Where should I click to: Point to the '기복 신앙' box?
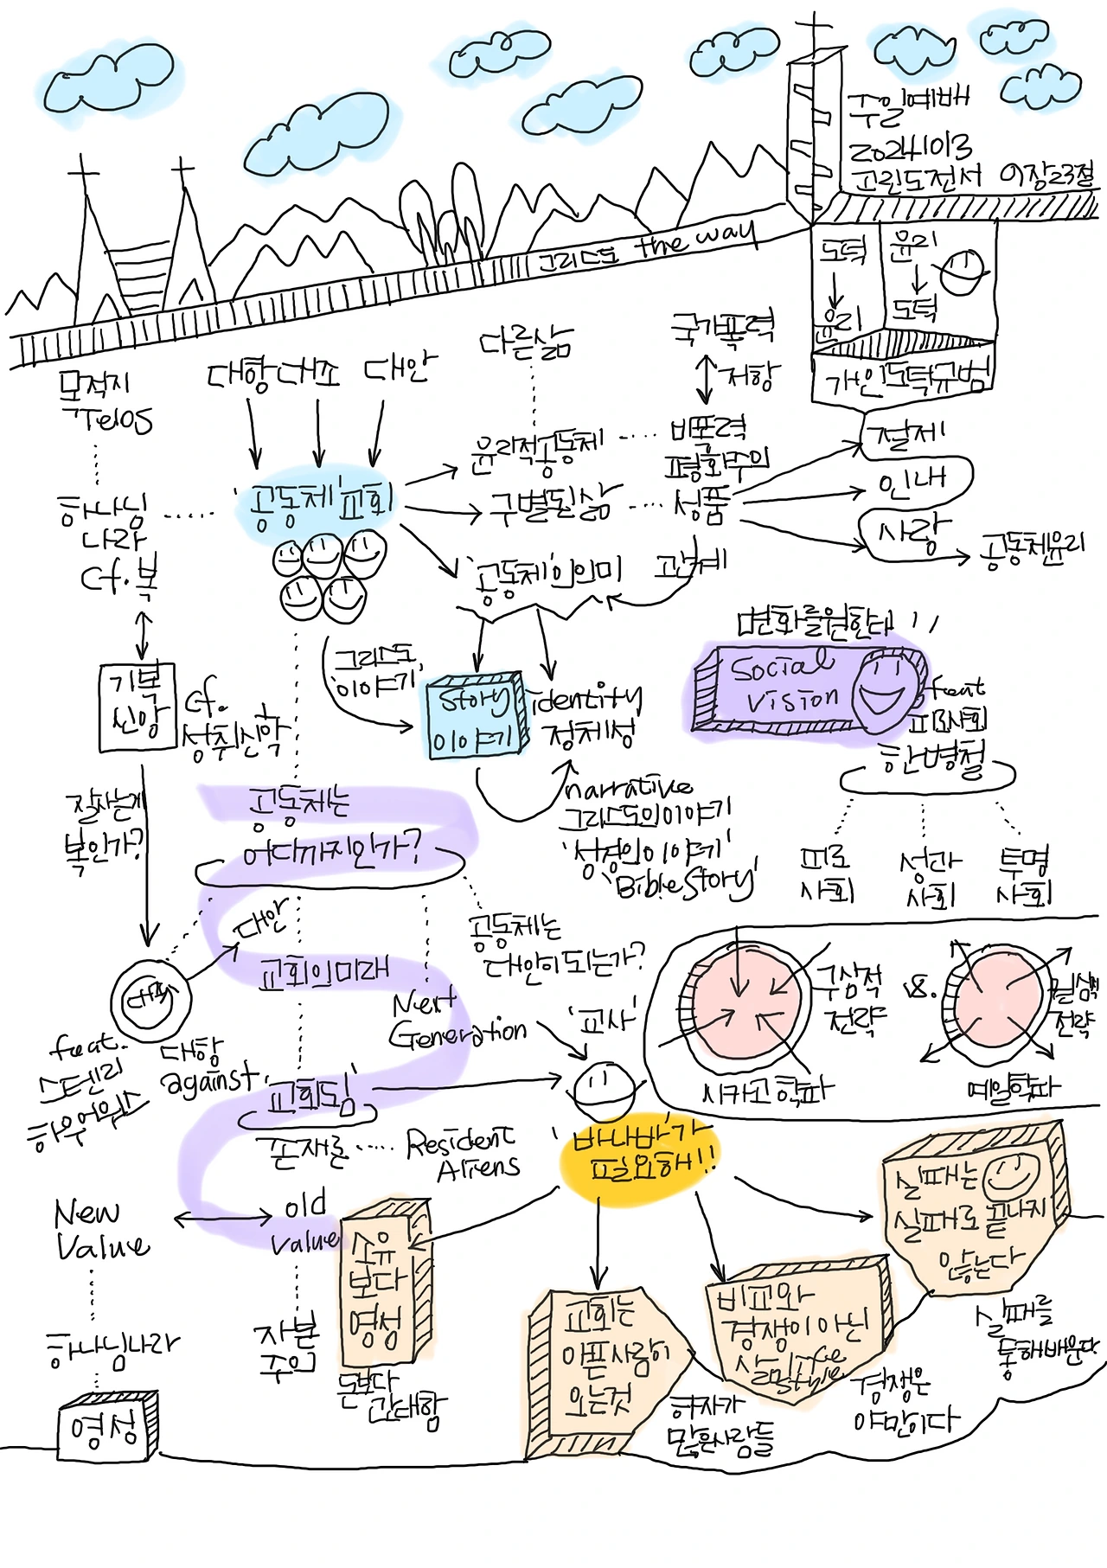pos(137,706)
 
